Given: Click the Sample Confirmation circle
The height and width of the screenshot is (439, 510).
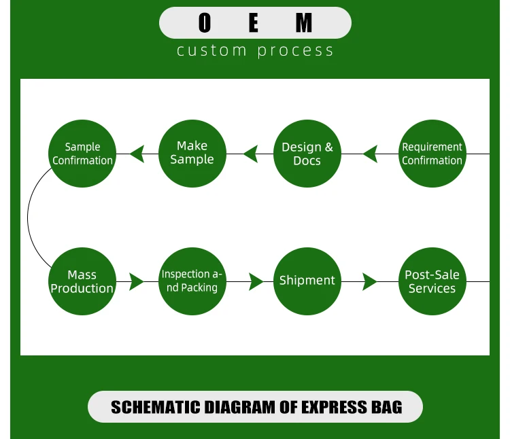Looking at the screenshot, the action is coord(82,154).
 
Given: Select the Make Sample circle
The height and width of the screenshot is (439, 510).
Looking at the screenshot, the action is coord(192,154).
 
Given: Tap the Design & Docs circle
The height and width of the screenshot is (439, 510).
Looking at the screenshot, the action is coord(307,154).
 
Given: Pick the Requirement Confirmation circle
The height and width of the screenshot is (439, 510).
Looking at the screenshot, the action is coord(432,154).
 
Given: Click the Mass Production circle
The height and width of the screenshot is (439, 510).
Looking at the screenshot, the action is coord(82,281).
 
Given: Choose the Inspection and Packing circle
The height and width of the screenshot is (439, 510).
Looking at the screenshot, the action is coord(192,281).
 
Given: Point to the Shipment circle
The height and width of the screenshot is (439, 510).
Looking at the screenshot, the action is coord(307,281).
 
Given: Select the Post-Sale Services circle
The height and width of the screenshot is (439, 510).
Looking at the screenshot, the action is coord(432,281).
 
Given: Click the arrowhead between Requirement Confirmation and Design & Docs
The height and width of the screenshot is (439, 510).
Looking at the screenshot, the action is coord(370,154).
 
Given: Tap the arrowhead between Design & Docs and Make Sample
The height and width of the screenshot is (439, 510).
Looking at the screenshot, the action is coord(250,154).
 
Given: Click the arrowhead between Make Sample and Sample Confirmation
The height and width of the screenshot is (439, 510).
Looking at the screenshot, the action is coord(137,154).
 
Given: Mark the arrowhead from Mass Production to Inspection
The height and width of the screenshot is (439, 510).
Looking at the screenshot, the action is coord(136,281).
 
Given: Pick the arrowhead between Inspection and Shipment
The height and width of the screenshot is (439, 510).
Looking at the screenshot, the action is coord(256,281).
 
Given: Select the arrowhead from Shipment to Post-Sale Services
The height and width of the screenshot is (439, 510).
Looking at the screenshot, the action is coord(369,281).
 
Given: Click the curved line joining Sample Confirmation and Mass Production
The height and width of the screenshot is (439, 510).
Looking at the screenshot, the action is coord(29,217).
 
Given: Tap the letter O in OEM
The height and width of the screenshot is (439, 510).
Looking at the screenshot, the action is coord(205,23).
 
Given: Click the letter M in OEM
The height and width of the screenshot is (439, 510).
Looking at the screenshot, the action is coord(304,23).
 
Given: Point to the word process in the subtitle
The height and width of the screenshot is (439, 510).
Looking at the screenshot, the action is coord(296,51).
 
